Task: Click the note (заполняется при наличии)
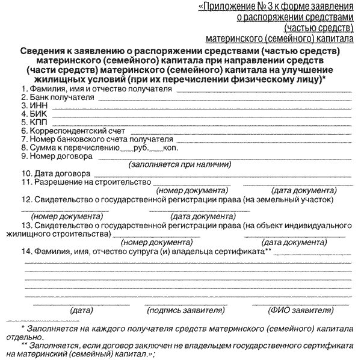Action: (180, 164)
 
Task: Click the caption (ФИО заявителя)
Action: (299, 311)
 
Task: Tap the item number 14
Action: (26, 250)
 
